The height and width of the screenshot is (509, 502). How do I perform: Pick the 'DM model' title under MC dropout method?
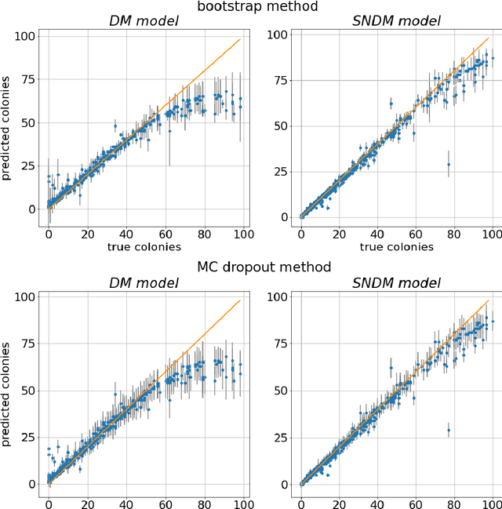coord(145,283)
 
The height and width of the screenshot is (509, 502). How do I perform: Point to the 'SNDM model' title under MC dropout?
coord(398,283)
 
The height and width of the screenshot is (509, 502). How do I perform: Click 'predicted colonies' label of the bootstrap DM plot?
coord(7,127)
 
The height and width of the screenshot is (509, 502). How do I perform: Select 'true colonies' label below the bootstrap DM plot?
coord(145,247)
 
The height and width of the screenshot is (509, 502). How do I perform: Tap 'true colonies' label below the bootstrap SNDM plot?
coord(398,247)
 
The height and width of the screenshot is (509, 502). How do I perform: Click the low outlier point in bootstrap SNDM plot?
coord(449,165)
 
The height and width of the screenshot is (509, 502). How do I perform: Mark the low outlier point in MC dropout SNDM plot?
coord(449,430)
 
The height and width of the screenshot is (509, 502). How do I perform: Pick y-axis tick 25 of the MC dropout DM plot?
coord(28,438)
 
